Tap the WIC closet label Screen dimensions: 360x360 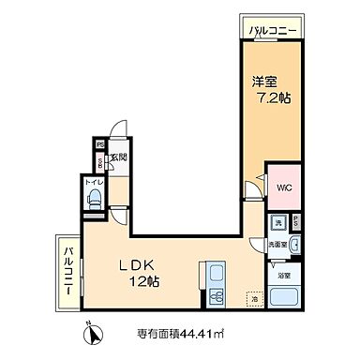[282, 187]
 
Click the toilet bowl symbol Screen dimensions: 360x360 [95, 198]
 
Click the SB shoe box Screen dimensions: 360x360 [98, 160]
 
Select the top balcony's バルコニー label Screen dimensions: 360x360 [274, 32]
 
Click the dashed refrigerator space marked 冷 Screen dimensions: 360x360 [252, 299]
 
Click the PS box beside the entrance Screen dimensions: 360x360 [98, 144]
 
